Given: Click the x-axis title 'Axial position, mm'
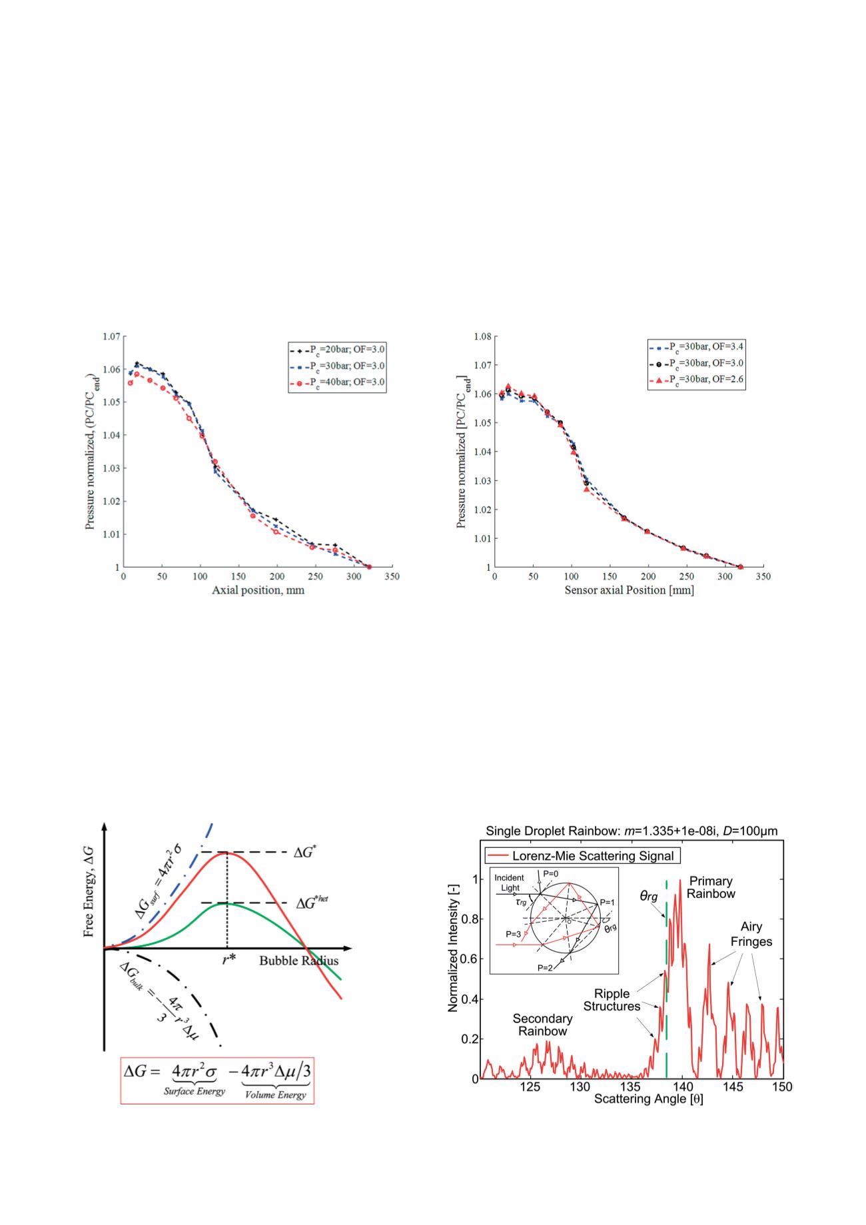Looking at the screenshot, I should click(x=258, y=590).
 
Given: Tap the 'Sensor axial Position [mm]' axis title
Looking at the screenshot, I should click(x=629, y=590).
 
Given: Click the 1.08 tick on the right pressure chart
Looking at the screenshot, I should click(x=482, y=336).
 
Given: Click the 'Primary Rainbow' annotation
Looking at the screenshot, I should click(x=711, y=887).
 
